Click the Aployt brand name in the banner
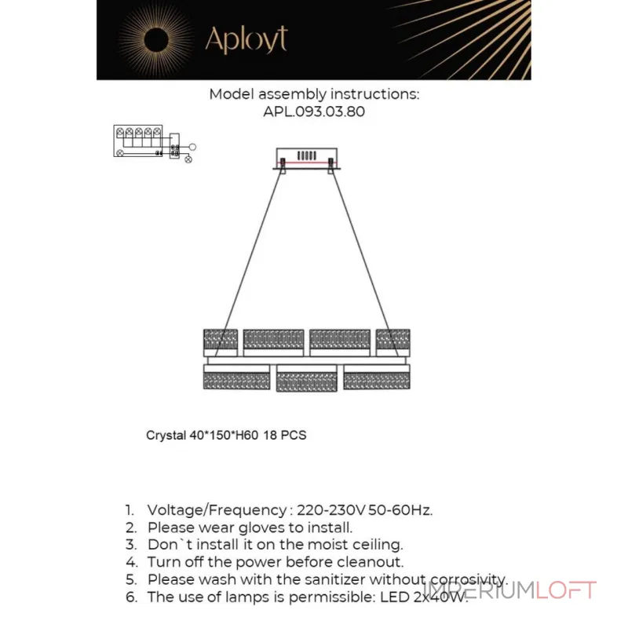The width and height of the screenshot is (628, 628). coord(246,39)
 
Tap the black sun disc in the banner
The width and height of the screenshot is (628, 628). coord(156,40)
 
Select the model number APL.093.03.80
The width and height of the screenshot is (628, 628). coord(314,111)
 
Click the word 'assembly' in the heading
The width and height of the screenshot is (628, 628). coord(292,95)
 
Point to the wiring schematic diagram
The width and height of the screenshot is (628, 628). coord(155,144)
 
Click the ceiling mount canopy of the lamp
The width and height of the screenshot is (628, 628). coord(307,159)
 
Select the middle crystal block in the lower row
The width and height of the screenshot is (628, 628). coord(306,378)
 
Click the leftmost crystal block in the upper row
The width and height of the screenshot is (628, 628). coord(221,343)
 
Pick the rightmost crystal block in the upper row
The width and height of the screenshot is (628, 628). coord(393,343)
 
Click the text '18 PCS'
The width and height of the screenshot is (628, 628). coord(285,436)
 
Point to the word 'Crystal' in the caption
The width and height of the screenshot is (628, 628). coord(166,436)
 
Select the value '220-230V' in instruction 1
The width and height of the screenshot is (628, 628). coord(331,510)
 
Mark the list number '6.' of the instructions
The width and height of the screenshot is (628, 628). coord(132,597)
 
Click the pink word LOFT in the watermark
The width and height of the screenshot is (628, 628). coord(566,590)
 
